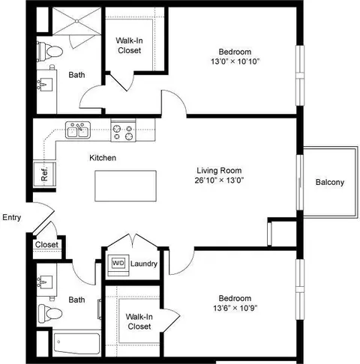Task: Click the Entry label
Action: click(12, 217)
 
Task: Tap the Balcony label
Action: click(330, 182)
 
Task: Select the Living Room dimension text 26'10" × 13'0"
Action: click(219, 180)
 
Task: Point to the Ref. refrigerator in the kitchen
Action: click(44, 174)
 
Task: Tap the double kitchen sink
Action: click(78, 130)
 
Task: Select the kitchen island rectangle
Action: click(125, 186)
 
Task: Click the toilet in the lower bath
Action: click(50, 314)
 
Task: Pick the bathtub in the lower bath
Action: click(76, 344)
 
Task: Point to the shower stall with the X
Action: click(77, 21)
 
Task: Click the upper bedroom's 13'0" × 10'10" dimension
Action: click(235, 61)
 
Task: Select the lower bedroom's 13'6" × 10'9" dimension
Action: click(235, 308)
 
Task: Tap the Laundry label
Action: click(144, 264)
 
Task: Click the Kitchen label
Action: click(103, 158)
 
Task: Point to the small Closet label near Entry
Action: click(46, 244)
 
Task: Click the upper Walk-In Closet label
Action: click(130, 46)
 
